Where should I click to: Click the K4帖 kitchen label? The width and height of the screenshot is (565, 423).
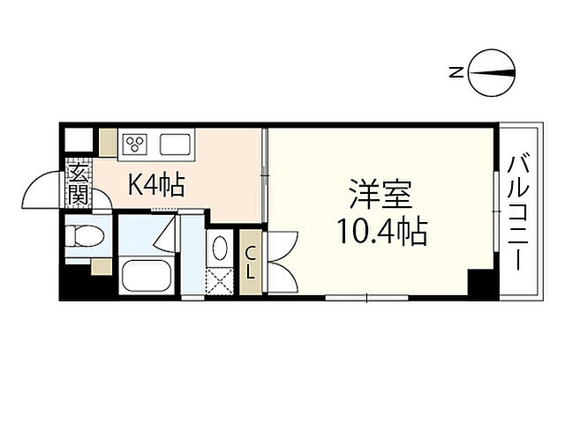[156, 185]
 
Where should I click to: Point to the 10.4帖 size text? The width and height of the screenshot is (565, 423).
[380, 233]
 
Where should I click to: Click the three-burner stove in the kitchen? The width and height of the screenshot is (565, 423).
[138, 143]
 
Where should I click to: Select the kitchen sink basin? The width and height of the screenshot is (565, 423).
[174, 143]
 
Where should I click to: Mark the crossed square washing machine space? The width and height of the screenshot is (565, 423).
[221, 281]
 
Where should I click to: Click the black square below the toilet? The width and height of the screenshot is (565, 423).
[76, 285]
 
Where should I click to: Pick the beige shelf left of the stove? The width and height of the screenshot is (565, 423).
[108, 142]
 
